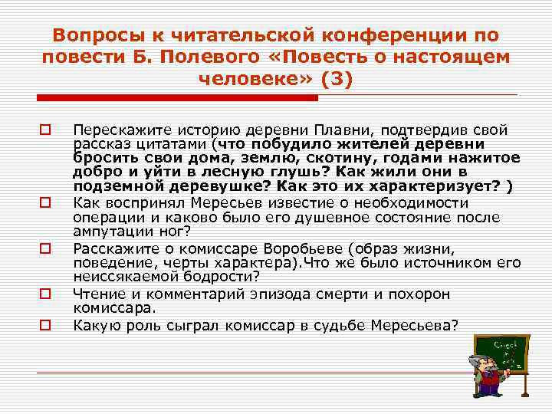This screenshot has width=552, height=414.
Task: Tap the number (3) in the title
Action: click(x=336, y=78)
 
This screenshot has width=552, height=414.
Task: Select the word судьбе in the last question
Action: click(x=335, y=324)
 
